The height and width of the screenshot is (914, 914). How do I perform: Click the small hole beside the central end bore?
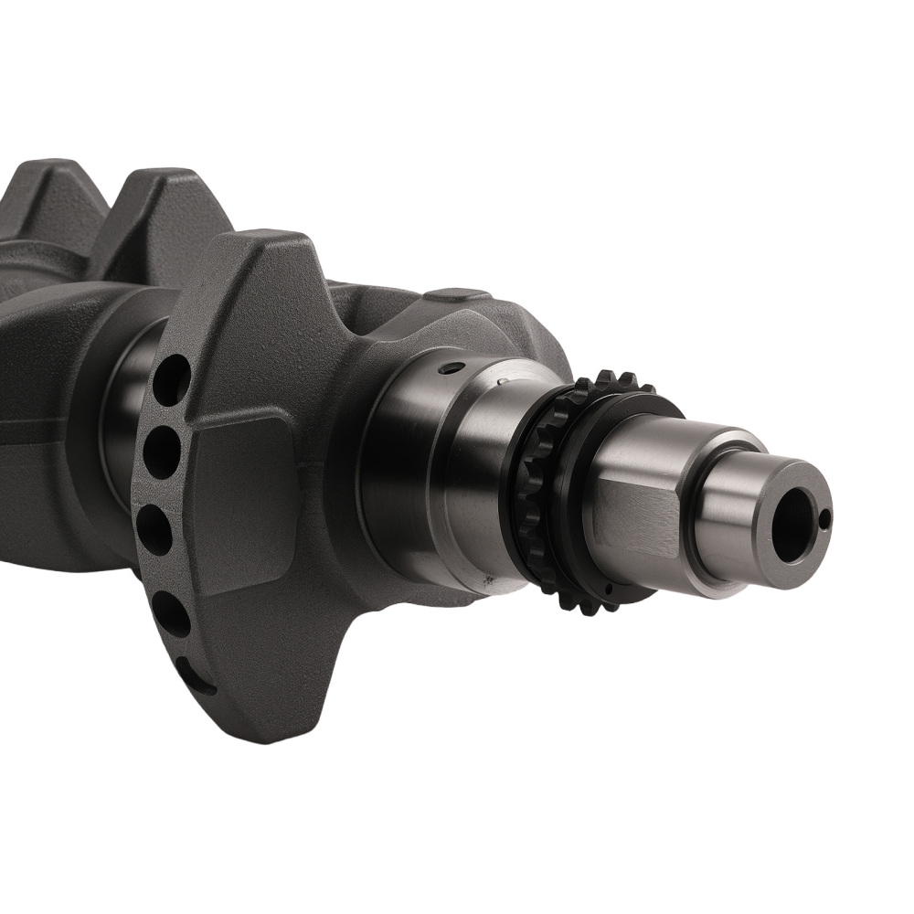825,521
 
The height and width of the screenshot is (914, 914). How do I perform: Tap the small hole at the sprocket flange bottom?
486,579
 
